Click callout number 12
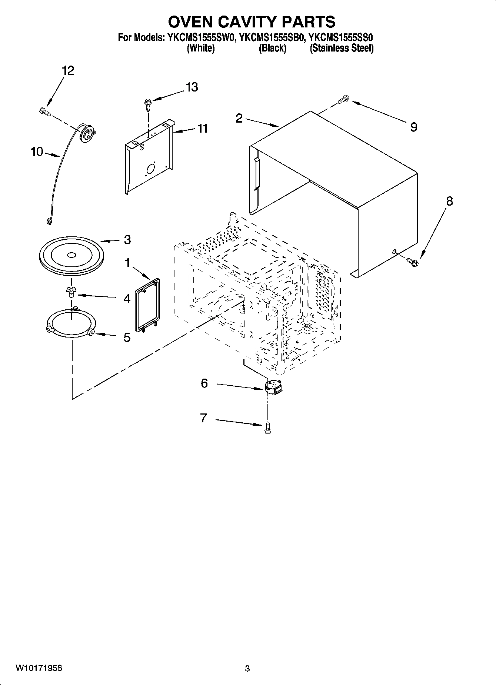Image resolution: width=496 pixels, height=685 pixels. (68, 70)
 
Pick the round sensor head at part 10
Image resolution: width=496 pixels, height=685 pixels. (87, 133)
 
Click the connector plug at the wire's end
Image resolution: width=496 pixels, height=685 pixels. (48, 222)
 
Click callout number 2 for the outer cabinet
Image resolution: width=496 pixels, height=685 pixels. (239, 118)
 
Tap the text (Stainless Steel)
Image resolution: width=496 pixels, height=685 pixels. (341, 48)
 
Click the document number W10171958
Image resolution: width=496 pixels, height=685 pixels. (39, 668)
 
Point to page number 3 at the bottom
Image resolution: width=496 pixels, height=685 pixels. (247, 669)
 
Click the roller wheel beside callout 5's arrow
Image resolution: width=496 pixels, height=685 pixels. (91, 332)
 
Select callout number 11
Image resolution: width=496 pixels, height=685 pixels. (203, 129)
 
